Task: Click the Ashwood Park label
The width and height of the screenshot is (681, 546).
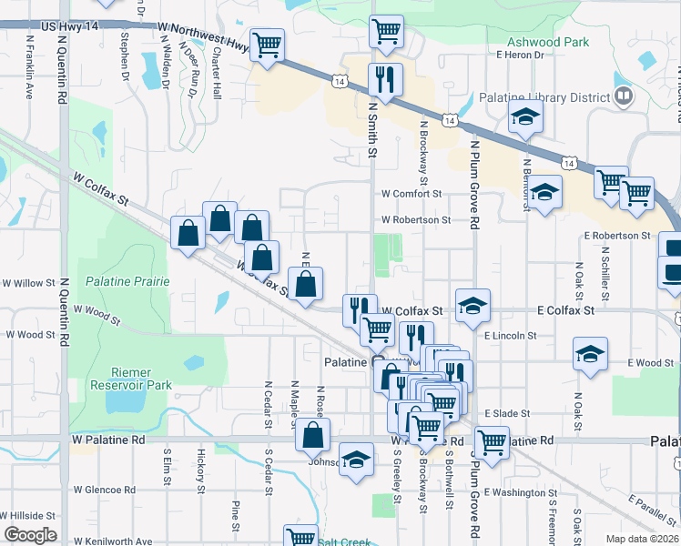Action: [548, 42]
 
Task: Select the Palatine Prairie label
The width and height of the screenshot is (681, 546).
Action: [127, 281]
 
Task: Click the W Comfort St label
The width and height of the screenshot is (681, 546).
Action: [411, 194]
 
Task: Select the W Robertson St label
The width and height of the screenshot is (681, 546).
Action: [415, 219]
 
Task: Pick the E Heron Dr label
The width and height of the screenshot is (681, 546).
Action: [520, 55]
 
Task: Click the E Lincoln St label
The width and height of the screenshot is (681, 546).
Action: [512, 336]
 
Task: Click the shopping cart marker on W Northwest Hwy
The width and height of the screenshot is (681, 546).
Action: [267, 45]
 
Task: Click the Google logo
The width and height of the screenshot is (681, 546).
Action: [30, 535]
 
